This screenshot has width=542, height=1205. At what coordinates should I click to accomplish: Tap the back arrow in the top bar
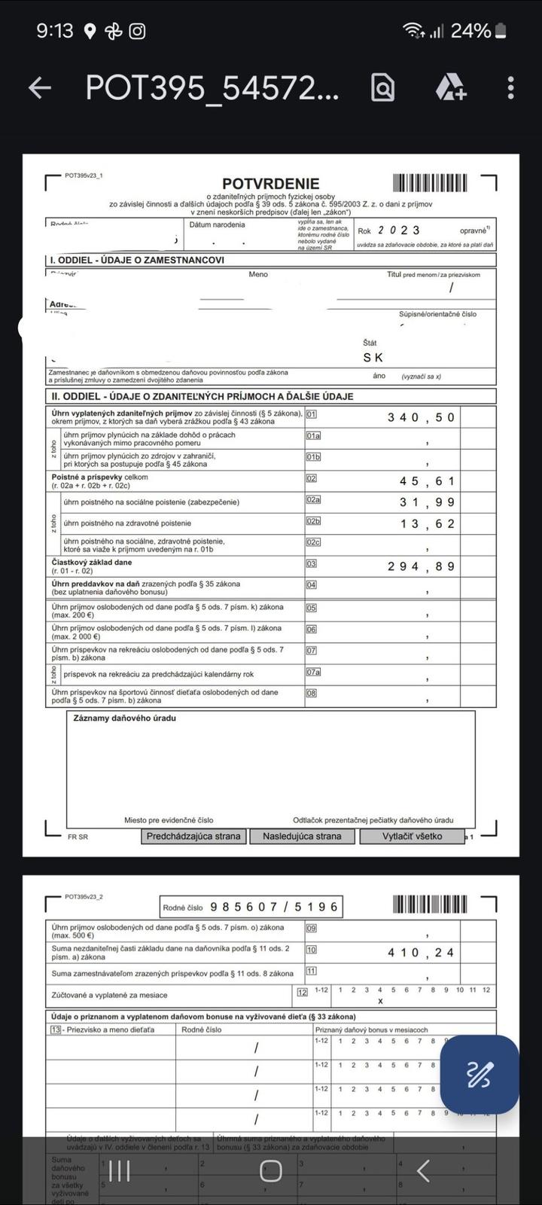coord(40,88)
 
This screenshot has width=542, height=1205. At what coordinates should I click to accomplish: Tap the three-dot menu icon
coord(510,88)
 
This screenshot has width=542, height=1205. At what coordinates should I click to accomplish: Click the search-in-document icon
coord(382,88)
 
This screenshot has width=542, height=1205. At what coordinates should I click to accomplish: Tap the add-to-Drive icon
coord(451,88)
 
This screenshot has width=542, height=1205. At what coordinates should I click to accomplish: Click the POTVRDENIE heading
coord(270,184)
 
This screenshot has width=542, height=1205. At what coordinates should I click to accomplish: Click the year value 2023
coord(399,230)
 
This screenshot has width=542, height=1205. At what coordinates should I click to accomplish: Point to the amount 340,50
coord(421,417)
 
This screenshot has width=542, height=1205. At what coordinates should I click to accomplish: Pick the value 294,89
coord(421,566)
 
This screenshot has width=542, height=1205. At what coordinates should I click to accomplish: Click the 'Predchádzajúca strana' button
coord(193,836)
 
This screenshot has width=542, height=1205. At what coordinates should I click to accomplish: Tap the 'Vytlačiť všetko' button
coord(412,836)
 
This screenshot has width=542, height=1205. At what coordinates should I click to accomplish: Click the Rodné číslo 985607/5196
coord(274,907)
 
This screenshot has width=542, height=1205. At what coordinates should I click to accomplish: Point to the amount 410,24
coord(421,953)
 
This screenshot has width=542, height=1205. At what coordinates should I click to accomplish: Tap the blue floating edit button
coord(479,1074)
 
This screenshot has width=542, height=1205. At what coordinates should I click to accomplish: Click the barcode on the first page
coord(430,183)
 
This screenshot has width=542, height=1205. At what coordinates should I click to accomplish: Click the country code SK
coord(373,358)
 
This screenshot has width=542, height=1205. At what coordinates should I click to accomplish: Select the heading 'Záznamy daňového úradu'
coord(124,718)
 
